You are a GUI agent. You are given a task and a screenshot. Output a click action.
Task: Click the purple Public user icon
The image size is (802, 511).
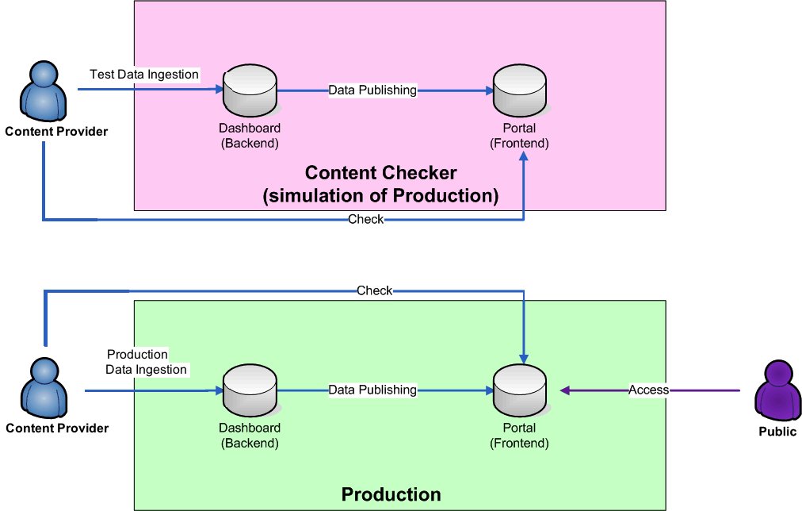pos(778,390)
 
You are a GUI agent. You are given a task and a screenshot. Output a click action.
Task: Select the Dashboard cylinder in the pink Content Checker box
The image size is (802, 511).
pos(250,90)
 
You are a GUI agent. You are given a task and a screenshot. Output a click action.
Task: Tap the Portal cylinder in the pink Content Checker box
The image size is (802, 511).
pos(520,90)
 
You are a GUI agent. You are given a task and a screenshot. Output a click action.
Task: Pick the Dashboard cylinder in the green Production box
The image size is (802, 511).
pos(250,390)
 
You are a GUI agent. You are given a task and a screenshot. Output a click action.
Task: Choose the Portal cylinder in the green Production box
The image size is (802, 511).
pos(520,390)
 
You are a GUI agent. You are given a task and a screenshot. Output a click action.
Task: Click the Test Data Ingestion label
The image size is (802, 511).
pos(144,75)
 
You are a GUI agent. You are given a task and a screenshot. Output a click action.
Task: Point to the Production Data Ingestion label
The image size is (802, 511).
pos(147,362)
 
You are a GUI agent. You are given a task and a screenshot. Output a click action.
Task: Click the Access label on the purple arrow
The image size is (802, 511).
pos(648,390)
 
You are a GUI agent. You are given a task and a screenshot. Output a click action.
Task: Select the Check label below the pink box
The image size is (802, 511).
pos(365,219)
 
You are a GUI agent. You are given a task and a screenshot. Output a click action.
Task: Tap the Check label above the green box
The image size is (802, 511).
pos(374,291)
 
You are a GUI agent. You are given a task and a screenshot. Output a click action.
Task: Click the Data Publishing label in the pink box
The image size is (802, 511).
pos(372,90)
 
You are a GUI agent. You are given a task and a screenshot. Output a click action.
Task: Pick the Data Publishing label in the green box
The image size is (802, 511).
pos(372,390)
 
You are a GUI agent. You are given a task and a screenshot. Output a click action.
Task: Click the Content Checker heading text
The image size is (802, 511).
pos(380,173)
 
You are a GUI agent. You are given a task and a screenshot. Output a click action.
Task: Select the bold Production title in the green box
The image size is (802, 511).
pos(391,494)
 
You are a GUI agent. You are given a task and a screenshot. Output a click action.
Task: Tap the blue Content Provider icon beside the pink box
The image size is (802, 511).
pos(44,91)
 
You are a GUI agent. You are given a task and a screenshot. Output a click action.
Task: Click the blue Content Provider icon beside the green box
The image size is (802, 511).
pos(44,388)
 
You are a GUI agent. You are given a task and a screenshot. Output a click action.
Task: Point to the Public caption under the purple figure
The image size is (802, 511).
pos(777,432)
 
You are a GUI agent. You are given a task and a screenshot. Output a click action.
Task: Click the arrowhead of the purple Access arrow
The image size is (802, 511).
pos(565,390)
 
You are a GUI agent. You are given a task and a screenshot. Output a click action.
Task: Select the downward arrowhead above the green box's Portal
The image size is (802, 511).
pos(524,359)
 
